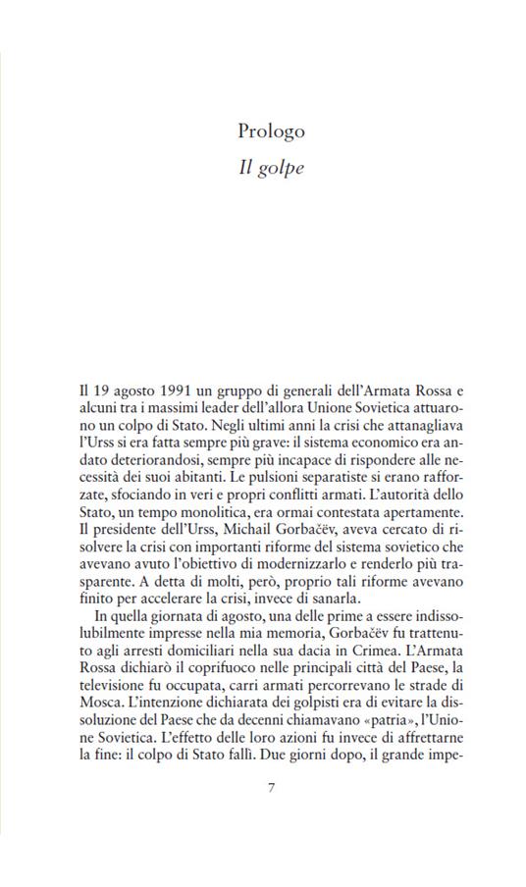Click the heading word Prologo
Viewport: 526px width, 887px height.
coord(271,130)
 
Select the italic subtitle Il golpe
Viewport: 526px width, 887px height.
coord(271,168)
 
